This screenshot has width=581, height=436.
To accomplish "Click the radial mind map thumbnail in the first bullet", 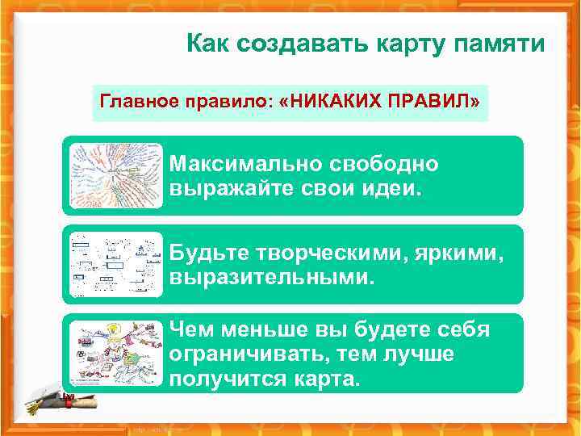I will (x=115, y=175).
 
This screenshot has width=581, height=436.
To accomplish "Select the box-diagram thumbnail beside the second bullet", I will (x=115, y=264).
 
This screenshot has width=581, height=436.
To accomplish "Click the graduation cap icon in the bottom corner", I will (x=50, y=401).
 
